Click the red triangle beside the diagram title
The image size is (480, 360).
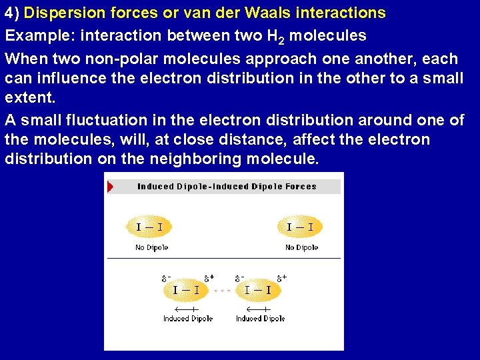(x=111, y=187)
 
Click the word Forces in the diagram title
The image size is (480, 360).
(x=301, y=187)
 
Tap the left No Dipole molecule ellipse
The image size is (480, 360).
(x=149, y=227)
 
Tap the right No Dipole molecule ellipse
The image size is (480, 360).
(x=300, y=227)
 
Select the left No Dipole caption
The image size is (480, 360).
(x=151, y=248)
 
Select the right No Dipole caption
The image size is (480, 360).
(x=301, y=248)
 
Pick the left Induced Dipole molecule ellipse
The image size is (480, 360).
(x=187, y=290)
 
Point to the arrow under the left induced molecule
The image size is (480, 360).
(x=187, y=309)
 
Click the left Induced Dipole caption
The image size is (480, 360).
(x=187, y=319)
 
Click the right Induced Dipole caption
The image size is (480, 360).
(x=260, y=319)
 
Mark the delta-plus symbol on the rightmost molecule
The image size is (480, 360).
(x=283, y=277)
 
